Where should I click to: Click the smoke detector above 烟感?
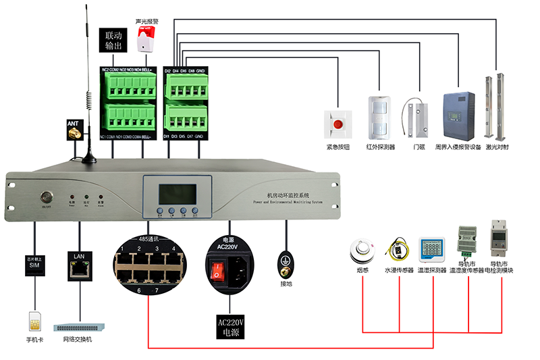point(362,252)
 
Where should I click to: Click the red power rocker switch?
point(217,270)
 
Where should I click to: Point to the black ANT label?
point(74,124)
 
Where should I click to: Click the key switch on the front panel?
point(47,198)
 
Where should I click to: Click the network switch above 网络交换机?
point(81,326)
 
